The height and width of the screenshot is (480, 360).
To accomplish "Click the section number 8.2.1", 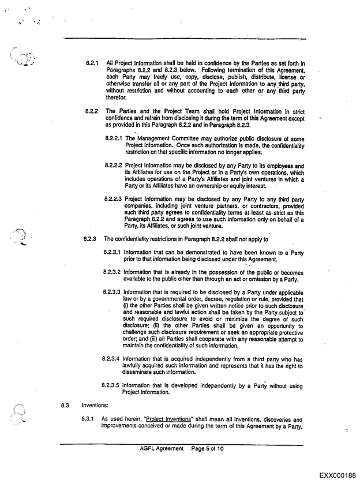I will (x=92, y=63).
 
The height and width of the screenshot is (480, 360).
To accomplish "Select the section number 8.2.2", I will (x=92, y=110).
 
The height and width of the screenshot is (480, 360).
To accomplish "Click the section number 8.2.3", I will (x=92, y=238).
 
